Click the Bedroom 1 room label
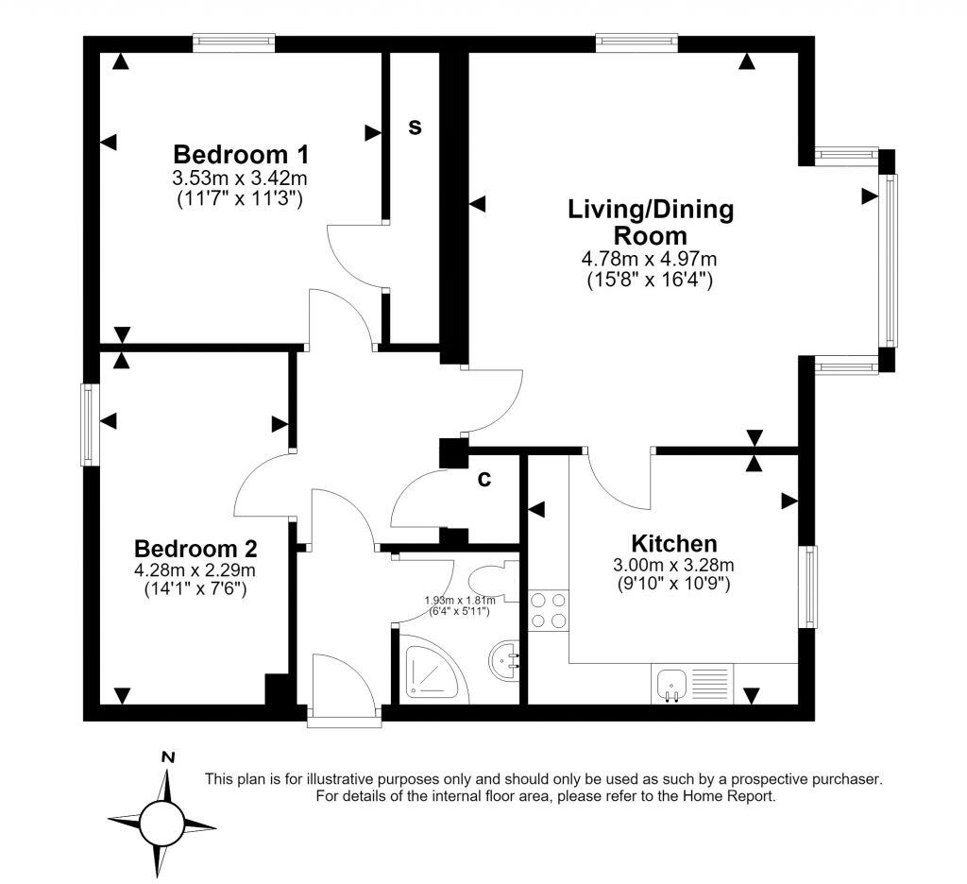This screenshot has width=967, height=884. pos(241,154)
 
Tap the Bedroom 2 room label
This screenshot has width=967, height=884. pos(195,548)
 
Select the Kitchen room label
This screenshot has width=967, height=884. pos(674,543)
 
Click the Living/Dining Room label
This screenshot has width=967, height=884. pos(651,223)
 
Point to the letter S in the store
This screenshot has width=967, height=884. pos(416,127)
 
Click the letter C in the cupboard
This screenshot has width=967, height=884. pos(484,479)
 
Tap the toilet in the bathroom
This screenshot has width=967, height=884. pos(491,580)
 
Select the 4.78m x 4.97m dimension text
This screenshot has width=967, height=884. pos(650,259)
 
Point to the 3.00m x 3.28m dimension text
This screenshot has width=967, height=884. pos(673,565)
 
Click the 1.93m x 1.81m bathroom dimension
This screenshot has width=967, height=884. pos(460,600)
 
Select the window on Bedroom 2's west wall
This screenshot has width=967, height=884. pos(90,424)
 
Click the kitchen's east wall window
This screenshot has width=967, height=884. pos(808,586)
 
